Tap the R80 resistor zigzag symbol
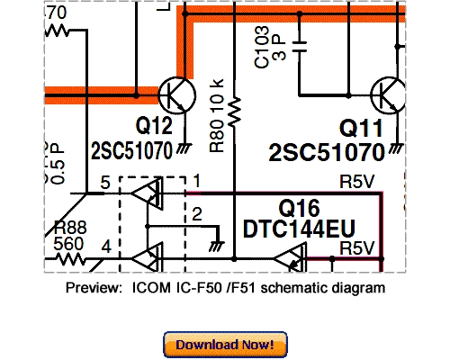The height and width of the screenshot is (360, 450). (x=235, y=110)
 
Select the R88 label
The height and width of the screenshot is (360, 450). (x=70, y=228)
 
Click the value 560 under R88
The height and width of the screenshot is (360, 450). (x=68, y=244)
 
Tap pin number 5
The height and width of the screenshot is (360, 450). (x=105, y=183)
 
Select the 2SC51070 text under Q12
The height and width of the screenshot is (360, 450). (x=131, y=150)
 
